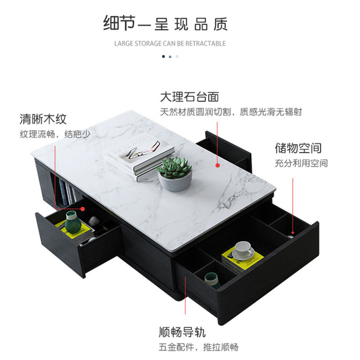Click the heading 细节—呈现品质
tap(165, 23)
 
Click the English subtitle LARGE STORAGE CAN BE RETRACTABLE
tap(170, 44)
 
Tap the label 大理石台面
tap(189, 97)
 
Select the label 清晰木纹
tap(43, 119)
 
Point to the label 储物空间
tap(298, 148)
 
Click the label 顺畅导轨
tap(182, 333)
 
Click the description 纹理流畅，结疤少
tap(55, 134)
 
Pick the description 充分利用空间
tap(301, 163)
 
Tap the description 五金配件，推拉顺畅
tap(198, 347)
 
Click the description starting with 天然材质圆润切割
tap(231, 112)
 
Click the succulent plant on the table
tap(174, 167)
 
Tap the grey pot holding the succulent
tap(175, 182)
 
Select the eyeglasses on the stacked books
tap(144, 150)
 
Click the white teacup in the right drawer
tap(243, 249)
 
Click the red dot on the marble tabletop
tap(217, 165)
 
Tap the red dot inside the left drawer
tap(83, 208)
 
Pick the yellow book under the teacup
tap(243, 260)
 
